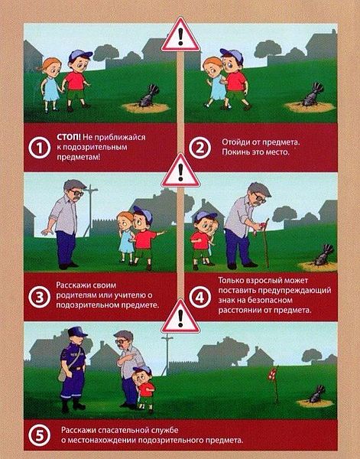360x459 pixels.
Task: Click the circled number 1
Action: [x=39, y=148]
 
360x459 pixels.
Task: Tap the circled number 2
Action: [x=199, y=148]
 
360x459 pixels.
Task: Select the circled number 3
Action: [x=39, y=297]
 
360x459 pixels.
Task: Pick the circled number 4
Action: [x=199, y=298]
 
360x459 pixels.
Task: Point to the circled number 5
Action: [x=39, y=435]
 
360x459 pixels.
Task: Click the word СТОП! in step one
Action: [x=69, y=137]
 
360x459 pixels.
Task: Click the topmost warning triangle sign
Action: [x=180, y=35]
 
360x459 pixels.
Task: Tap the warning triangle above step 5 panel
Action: [x=180, y=317]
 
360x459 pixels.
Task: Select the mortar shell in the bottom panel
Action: [x=316, y=394]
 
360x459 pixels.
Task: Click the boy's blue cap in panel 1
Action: [x=79, y=55]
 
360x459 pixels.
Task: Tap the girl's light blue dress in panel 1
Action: [x=51, y=89]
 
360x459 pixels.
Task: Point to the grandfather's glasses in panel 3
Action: [x=76, y=193]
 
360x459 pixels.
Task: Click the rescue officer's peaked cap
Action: [x=76, y=332]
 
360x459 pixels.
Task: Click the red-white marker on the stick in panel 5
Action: [x=272, y=374]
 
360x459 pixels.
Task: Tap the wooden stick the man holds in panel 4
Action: [x=266, y=243]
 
